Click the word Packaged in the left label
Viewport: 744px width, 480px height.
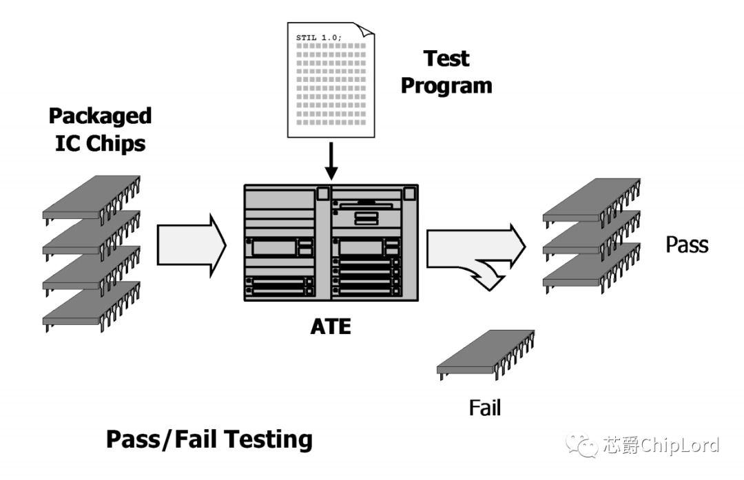click(100, 116)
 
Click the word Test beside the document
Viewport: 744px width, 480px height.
click(446, 59)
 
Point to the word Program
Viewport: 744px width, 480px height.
click(446, 86)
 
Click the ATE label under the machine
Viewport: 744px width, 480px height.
click(330, 326)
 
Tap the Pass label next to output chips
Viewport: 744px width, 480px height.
click(686, 244)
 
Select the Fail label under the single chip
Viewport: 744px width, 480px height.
click(485, 407)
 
